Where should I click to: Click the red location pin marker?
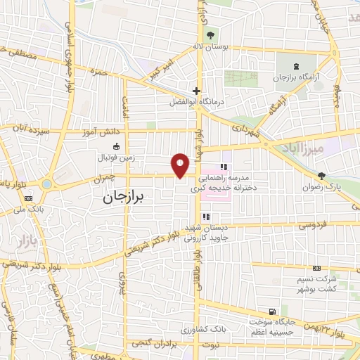point(181,166)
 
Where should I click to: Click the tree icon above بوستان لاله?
point(210,36)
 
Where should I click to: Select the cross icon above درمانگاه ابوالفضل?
point(196,91)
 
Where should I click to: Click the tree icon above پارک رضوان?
point(322,176)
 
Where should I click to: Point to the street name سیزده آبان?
point(30,129)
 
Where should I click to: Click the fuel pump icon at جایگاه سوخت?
point(271,313)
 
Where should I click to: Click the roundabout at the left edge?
point(47,184)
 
